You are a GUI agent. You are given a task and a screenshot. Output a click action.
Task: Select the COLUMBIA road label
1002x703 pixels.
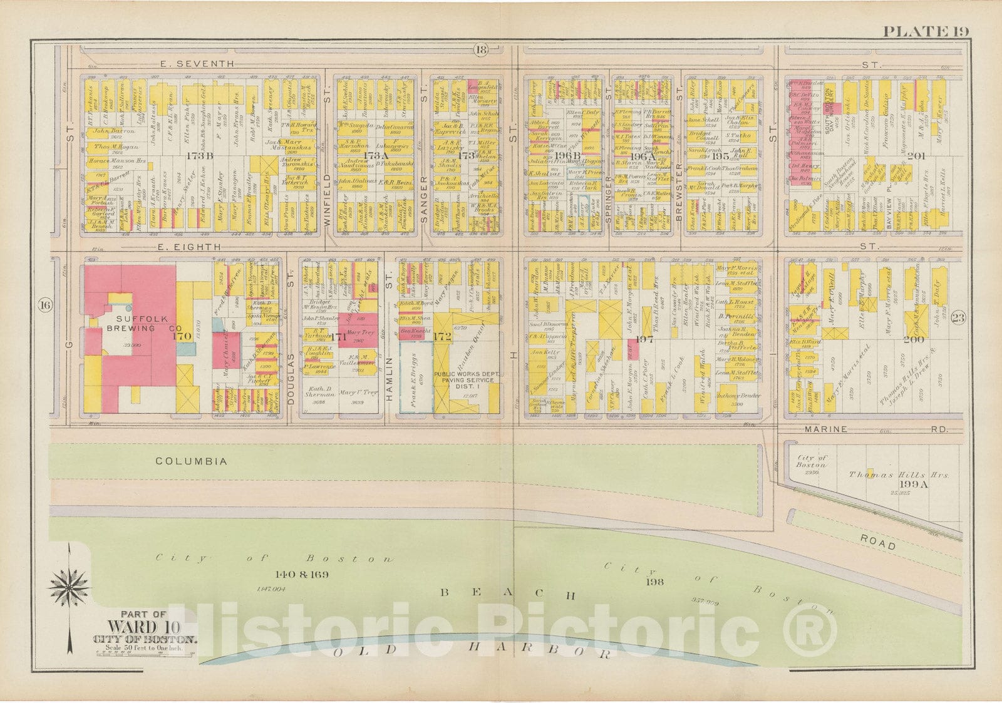tap(191, 461)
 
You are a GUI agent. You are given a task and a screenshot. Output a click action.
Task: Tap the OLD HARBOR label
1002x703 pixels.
tap(472, 650)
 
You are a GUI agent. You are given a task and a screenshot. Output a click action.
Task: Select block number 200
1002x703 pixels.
tap(916, 339)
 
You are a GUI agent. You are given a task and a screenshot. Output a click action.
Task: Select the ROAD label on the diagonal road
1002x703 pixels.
tap(877, 545)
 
